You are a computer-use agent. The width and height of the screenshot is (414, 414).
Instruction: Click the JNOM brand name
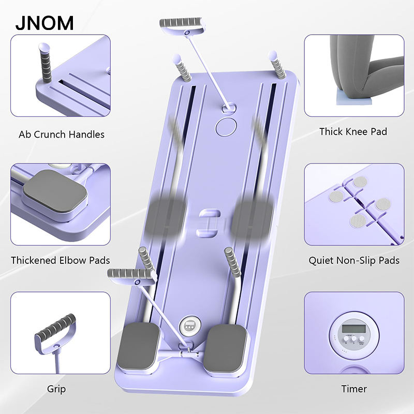pyautogui.click(x=44, y=22)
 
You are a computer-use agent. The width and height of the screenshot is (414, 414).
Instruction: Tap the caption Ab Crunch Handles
pyautogui.click(x=62, y=135)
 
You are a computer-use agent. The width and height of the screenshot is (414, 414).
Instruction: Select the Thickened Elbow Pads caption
pyautogui.click(x=61, y=260)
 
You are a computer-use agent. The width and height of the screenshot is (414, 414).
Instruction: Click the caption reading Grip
pyautogui.click(x=56, y=389)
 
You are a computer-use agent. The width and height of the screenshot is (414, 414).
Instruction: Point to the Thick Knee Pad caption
pyautogui.click(x=353, y=131)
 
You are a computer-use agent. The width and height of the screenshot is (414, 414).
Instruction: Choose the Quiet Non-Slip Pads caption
pyautogui.click(x=354, y=260)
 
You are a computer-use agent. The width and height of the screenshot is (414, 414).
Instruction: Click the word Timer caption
pyautogui.click(x=354, y=389)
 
